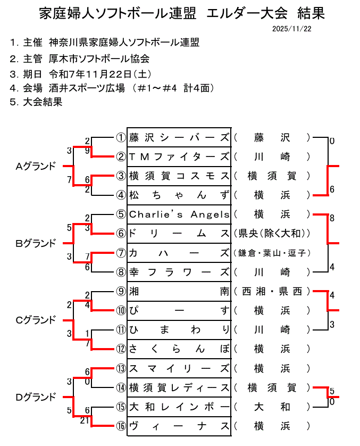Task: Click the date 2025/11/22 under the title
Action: (x=291, y=28)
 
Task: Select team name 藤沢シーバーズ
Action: (x=180, y=137)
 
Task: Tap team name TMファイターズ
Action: (x=180, y=156)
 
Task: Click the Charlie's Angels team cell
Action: (x=180, y=214)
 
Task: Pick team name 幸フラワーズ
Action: (x=180, y=272)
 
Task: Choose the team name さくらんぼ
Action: (x=180, y=349)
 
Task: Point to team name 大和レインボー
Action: (x=180, y=407)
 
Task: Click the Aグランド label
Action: (x=36, y=167)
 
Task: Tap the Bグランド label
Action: (x=36, y=243)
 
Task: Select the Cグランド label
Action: (x=36, y=320)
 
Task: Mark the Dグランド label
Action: (x=36, y=397)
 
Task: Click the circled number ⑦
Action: (x=121, y=253)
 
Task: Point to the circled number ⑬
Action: (x=121, y=368)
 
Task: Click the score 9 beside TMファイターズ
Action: (x=88, y=151)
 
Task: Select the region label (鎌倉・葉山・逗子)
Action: (x=272, y=253)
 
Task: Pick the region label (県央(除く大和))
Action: (x=272, y=234)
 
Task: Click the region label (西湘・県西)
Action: (x=272, y=291)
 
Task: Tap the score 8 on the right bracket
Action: (x=332, y=218)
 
